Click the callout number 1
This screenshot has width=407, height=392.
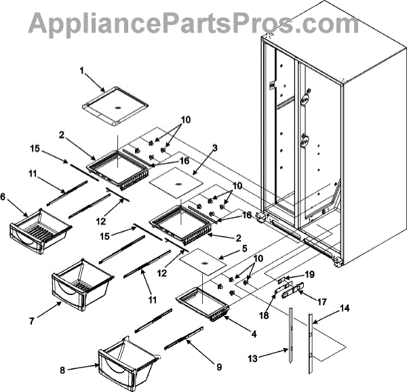tap(82, 71)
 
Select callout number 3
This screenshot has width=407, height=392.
tap(214, 147)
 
